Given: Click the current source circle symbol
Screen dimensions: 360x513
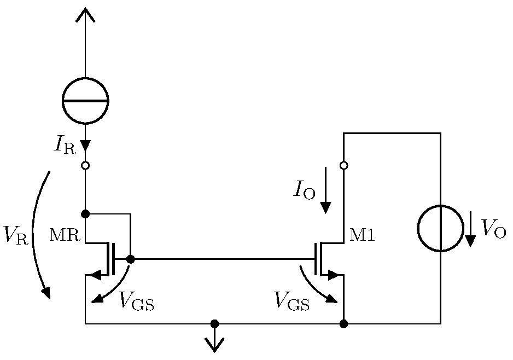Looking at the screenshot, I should (x=85, y=101).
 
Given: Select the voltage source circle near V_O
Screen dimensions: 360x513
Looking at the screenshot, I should (x=440, y=229).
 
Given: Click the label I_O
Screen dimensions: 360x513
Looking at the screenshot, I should (x=304, y=190).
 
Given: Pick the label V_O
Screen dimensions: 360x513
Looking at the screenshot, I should (x=493, y=229).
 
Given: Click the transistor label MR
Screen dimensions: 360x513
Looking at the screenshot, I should (x=65, y=236).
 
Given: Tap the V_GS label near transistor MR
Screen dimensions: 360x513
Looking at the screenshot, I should (x=136, y=301).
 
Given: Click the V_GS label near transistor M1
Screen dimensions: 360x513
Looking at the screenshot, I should (x=292, y=301).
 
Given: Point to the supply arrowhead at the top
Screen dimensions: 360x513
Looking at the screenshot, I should (x=85, y=15).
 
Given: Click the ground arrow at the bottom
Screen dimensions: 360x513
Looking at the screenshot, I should (x=214, y=344).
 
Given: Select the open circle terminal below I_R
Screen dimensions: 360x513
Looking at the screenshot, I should (x=85, y=165).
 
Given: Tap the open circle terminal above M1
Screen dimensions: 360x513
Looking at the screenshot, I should (x=343, y=165).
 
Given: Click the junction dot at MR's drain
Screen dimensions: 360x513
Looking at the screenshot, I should (x=85, y=213).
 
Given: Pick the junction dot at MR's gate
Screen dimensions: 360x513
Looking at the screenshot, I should (x=130, y=259).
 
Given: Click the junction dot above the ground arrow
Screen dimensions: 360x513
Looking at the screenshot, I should (x=214, y=324).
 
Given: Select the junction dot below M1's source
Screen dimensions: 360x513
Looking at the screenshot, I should (x=343, y=324).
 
